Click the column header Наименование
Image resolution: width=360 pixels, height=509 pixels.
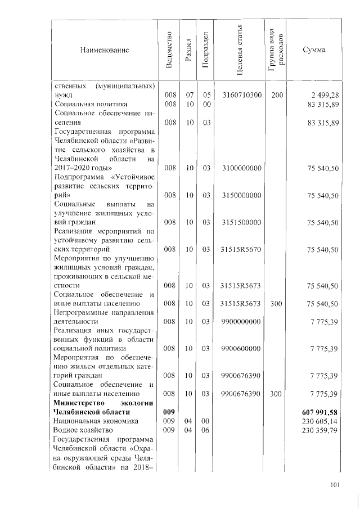[x=105, y=51]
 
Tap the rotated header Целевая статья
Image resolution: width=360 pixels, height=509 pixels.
[x=241, y=50]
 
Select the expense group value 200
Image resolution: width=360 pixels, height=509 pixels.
[x=276, y=95]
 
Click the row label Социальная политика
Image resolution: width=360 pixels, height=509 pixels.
[x=90, y=104]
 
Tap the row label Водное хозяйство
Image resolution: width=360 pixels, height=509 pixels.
[x=83, y=430]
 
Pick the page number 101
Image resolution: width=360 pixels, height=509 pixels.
[x=335, y=485]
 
